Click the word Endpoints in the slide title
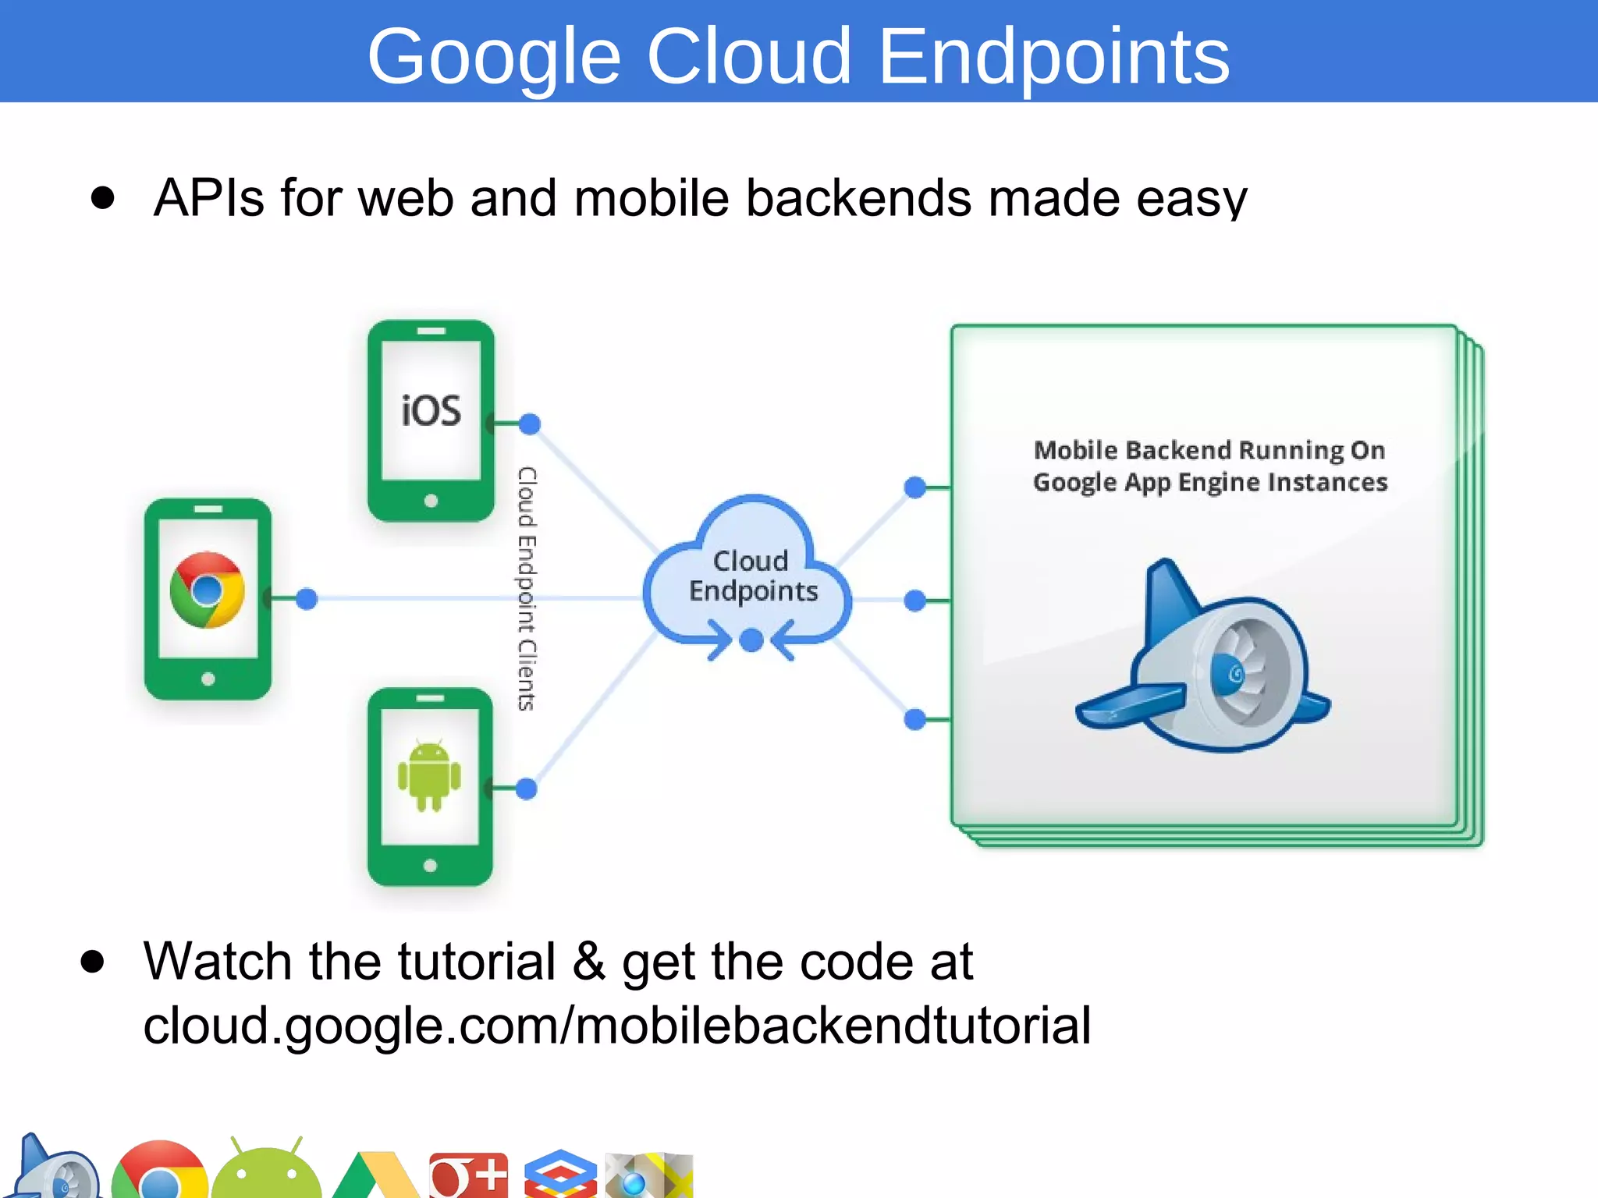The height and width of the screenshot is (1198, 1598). [x=1053, y=56]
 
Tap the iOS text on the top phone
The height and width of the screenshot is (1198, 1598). [x=431, y=411]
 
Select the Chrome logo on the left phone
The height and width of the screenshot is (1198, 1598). [x=208, y=590]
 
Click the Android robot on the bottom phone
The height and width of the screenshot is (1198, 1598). [x=429, y=775]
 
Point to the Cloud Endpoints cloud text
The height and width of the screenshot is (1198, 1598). [x=752, y=576]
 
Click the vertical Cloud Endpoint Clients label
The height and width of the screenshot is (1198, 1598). [x=527, y=589]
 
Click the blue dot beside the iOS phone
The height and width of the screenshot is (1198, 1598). [x=530, y=424]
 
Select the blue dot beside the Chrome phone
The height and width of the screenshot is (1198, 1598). [x=307, y=599]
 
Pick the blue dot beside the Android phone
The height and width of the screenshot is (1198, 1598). [x=527, y=789]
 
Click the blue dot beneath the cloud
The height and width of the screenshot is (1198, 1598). [x=751, y=640]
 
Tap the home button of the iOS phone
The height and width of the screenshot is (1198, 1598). [x=431, y=501]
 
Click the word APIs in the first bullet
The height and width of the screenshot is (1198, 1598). [x=208, y=198]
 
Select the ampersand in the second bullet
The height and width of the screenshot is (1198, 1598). [x=589, y=961]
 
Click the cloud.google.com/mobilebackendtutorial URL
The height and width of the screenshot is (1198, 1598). [x=616, y=1026]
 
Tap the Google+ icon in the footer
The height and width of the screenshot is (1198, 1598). [x=468, y=1175]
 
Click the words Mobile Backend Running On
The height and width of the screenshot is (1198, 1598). [x=1209, y=450]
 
